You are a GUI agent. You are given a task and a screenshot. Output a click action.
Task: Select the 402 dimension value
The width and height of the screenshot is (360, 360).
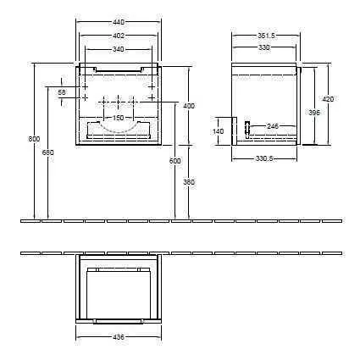pyautogui.click(x=119, y=36)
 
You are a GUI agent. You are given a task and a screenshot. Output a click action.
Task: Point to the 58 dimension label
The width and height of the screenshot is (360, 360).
pyautogui.click(x=62, y=91)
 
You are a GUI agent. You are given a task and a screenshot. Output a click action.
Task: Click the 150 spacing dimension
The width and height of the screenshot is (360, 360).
pyautogui.click(x=119, y=117)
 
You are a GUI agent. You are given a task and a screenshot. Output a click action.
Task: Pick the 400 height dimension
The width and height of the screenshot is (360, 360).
pyautogui.click(x=188, y=106)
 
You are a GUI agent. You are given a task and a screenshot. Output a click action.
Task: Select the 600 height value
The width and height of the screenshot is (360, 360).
pyautogui.click(x=175, y=161)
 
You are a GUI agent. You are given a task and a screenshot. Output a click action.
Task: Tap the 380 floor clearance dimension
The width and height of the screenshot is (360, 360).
pyautogui.click(x=188, y=181)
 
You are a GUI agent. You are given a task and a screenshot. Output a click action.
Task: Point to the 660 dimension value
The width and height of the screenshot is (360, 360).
pyautogui.click(x=47, y=152)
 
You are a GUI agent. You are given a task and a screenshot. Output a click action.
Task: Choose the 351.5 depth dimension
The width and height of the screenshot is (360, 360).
pyautogui.click(x=264, y=36)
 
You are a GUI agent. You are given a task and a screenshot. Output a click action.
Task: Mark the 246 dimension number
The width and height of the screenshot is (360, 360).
pyautogui.click(x=273, y=126)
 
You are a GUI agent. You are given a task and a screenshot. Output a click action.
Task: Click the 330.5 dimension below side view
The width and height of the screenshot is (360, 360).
pyautogui.click(x=264, y=158)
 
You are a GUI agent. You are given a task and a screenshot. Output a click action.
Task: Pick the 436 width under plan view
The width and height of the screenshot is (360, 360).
pyautogui.click(x=119, y=337)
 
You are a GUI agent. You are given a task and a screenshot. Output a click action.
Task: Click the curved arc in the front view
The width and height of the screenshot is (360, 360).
pyautogui.click(x=119, y=130)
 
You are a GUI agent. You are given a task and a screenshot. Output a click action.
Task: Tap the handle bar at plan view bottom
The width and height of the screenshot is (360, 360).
pyautogui.click(x=119, y=320)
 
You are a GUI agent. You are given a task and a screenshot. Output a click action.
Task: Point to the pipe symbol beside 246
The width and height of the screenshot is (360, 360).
pyautogui.click(x=246, y=129)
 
